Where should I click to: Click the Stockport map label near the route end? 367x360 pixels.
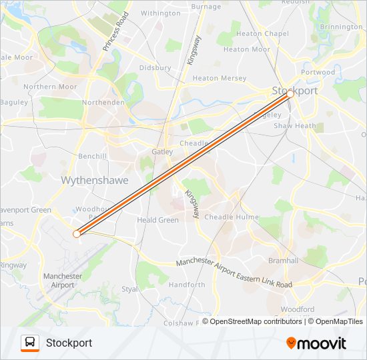[x=294, y=90]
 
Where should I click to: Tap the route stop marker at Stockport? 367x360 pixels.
[x=290, y=95]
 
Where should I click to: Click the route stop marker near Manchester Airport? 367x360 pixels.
[x=77, y=234]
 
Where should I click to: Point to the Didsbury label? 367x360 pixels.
[x=155, y=68]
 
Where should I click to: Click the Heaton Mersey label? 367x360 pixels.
[x=219, y=79]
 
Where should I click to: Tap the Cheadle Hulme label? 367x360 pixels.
[x=231, y=217]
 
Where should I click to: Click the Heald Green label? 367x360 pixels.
[x=157, y=220]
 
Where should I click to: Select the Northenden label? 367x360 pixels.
[x=103, y=103]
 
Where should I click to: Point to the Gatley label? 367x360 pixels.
[x=162, y=152]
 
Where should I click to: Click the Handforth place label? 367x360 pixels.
[x=187, y=285]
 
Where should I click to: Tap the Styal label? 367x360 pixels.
[x=130, y=289]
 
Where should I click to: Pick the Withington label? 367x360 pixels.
[x=160, y=13]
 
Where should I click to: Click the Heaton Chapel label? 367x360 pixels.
[x=262, y=34]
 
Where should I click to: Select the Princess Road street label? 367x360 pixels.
[x=115, y=31]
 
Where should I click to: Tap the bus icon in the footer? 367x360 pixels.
[x=30, y=343]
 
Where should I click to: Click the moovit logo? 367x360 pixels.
[x=316, y=343]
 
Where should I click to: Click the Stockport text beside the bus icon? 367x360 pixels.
[x=69, y=343]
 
